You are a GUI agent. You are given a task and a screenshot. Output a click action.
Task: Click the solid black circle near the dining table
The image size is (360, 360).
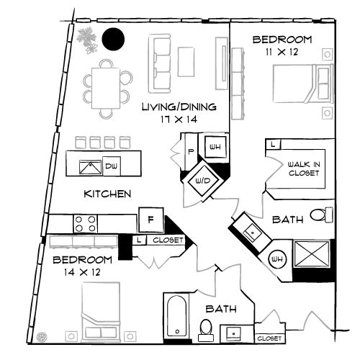[112, 39]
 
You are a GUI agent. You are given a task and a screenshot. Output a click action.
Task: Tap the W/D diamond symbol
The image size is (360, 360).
[198, 180]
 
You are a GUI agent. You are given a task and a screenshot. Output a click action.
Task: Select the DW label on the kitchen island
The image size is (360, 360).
[110, 166]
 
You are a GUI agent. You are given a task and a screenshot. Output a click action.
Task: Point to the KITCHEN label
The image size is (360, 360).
[107, 194]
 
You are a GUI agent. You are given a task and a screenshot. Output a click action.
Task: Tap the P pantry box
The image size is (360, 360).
[192, 151]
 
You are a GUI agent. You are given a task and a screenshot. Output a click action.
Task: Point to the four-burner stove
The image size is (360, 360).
[85, 223]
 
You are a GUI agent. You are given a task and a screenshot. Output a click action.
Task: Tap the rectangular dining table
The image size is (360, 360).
[107, 86]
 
